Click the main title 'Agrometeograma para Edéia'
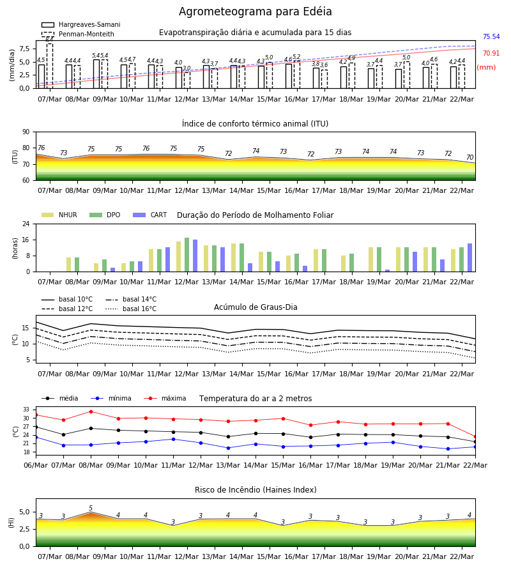255,11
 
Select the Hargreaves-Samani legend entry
81,24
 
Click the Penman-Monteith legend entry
78,34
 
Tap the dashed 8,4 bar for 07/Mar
49,66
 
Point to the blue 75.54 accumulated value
491,36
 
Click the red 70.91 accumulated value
491,53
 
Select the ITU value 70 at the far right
469,157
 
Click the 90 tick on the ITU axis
26,132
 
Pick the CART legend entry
150,215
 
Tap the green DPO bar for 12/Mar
187,255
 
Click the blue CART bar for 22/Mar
469,257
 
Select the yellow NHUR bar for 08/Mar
68,264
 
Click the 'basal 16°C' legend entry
131,309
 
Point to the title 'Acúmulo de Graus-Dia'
256,307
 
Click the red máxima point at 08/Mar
91,411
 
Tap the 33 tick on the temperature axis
26,410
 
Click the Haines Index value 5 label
91,509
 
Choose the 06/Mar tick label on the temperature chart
36,465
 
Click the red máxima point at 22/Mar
475,437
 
